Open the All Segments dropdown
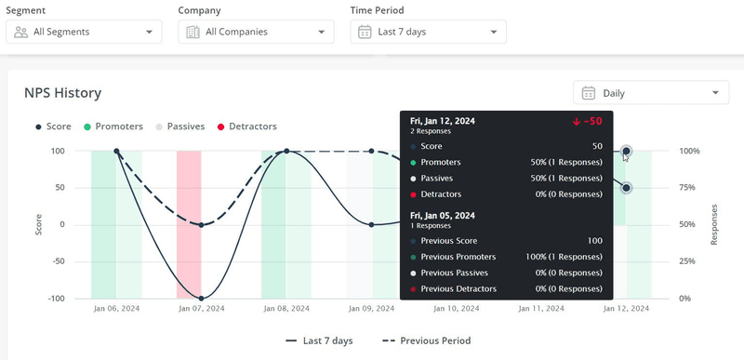(x=84, y=32)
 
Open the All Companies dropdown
(x=256, y=32)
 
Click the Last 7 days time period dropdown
(x=428, y=32)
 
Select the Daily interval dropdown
(x=651, y=93)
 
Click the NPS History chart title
(x=62, y=93)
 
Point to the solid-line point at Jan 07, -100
(x=202, y=299)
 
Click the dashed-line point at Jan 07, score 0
(x=202, y=224)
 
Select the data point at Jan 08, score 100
(x=286, y=151)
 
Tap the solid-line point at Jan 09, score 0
(x=372, y=224)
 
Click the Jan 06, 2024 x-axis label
(x=116, y=309)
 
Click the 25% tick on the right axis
(x=688, y=261)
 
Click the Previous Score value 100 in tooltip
(x=594, y=241)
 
